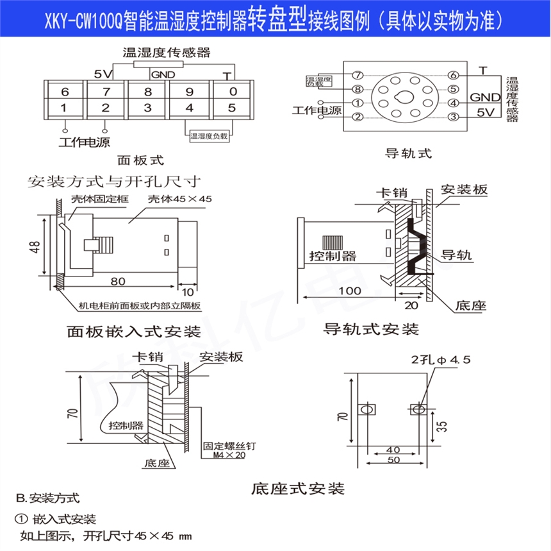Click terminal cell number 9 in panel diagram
189,91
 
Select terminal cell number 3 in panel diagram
147,107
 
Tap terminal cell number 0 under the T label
232,91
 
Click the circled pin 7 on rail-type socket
358,75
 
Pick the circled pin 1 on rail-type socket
358,103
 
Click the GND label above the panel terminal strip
163,74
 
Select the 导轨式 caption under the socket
407,153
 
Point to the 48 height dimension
35,246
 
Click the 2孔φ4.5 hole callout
441,360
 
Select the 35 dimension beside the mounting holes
441,425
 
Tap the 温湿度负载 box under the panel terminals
209,136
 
